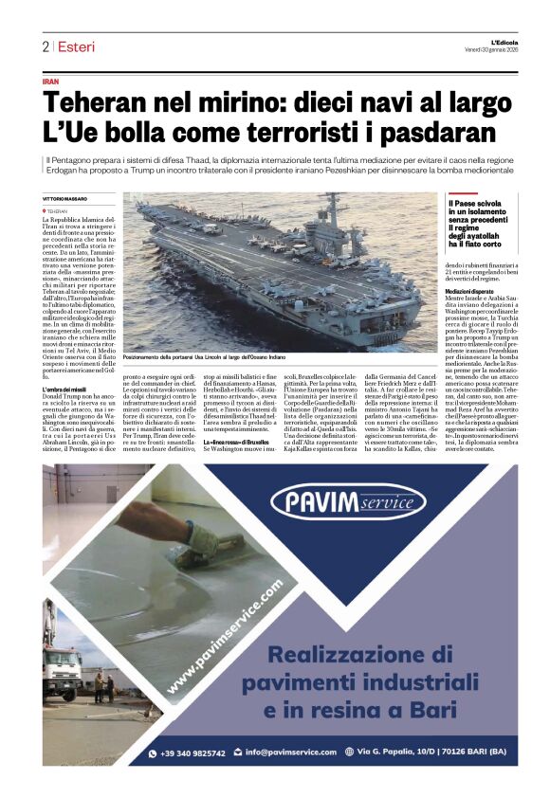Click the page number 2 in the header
point(46,46)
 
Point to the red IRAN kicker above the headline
point(51,82)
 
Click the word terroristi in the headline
point(306,132)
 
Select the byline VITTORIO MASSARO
point(64,197)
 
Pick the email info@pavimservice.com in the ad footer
point(296,753)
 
